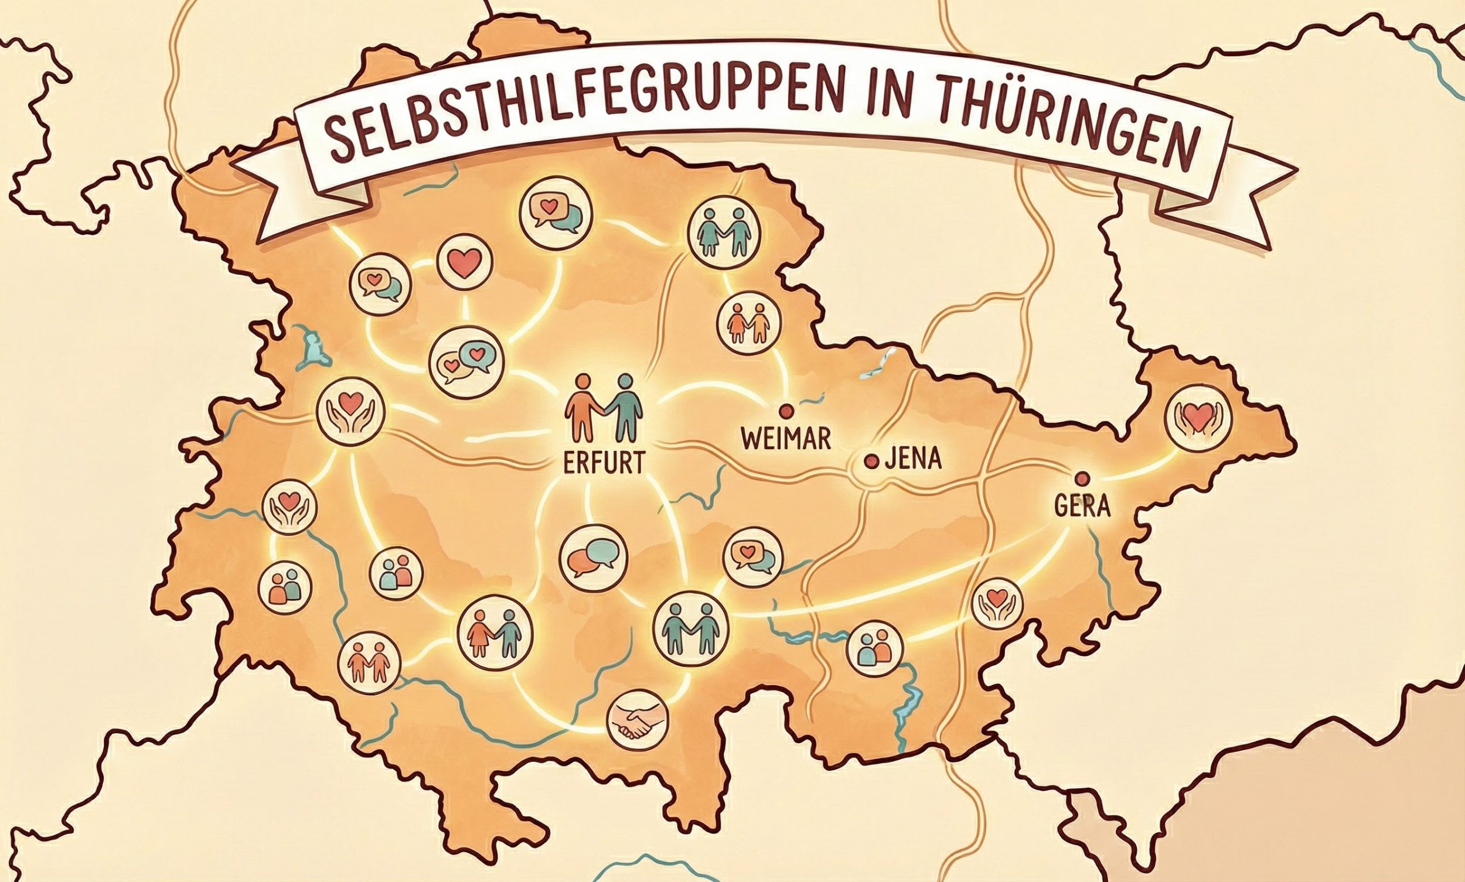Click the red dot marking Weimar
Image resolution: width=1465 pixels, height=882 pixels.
[786, 409]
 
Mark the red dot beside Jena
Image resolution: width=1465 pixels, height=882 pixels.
[871, 460]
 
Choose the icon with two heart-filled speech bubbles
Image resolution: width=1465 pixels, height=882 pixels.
[466, 361]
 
